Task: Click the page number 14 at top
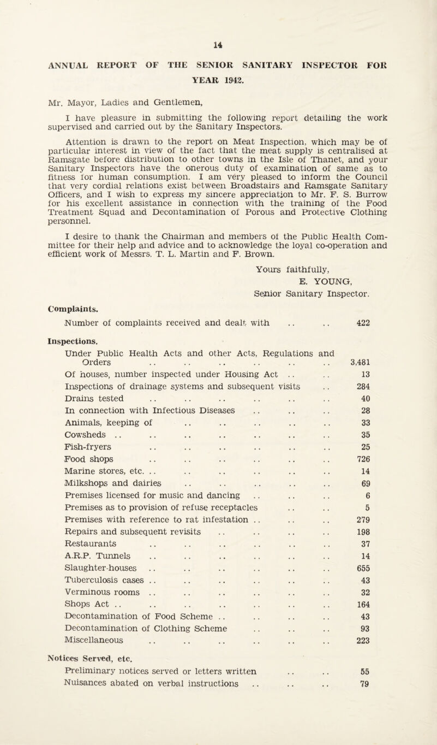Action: [x=218, y=40]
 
